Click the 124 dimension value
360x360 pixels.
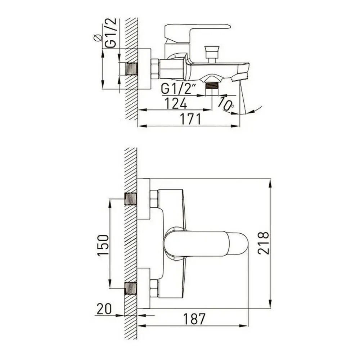[176, 103]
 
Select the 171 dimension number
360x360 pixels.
[190, 119]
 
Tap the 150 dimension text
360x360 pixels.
[103, 245]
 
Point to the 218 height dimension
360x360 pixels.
[263, 243]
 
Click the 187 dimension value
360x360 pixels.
[194, 319]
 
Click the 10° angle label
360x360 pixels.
[226, 104]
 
